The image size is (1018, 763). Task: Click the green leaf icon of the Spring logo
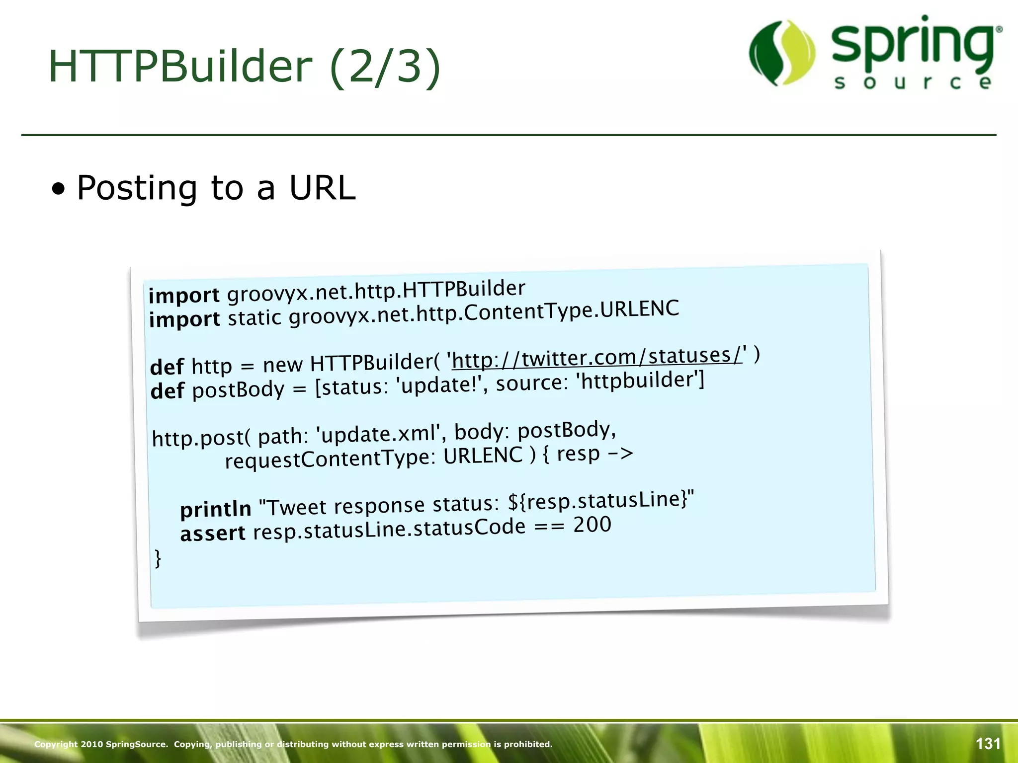pos(782,52)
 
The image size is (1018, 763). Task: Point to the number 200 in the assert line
pos(592,525)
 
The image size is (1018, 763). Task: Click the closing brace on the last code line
pos(158,558)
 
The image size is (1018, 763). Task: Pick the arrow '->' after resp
pos(621,453)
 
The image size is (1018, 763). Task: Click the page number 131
pos(988,744)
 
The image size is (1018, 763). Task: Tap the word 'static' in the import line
pos(254,317)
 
